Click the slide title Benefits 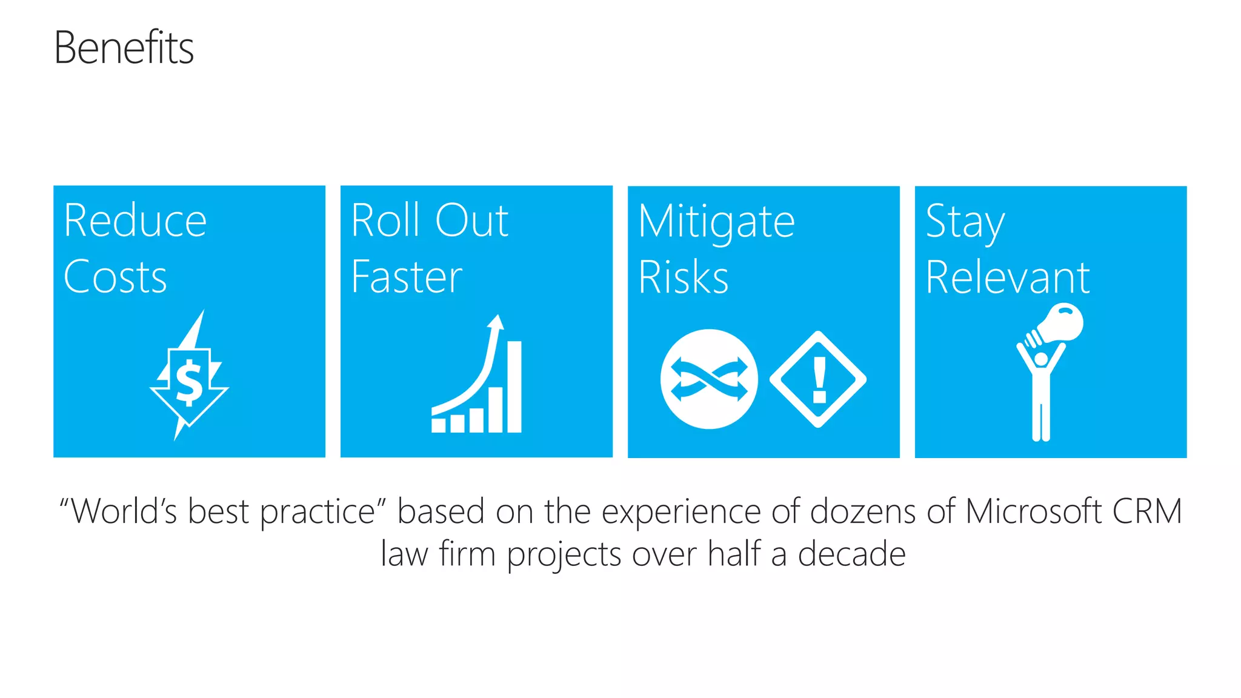coord(124,48)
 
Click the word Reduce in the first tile coord(135,221)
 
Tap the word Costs coord(115,277)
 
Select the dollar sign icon coord(189,382)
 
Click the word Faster coord(407,277)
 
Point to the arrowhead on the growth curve coord(496,321)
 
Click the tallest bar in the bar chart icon coord(514,387)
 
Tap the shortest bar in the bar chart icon coord(438,425)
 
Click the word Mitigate coord(716,222)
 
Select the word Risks coord(683,278)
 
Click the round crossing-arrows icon coord(708,379)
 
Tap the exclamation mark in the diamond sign coord(819,380)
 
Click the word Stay coord(965,222)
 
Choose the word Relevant coord(1007,278)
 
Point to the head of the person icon coord(1041,359)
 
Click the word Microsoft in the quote coord(1033,511)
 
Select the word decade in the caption coord(851,554)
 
